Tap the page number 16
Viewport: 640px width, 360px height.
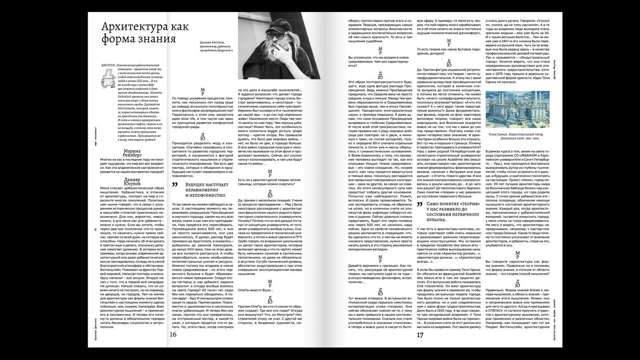[x=173, y=335]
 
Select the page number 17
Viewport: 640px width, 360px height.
[x=420, y=335]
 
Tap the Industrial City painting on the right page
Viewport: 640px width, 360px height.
[x=517, y=109]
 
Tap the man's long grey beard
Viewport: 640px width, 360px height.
[x=267, y=56]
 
